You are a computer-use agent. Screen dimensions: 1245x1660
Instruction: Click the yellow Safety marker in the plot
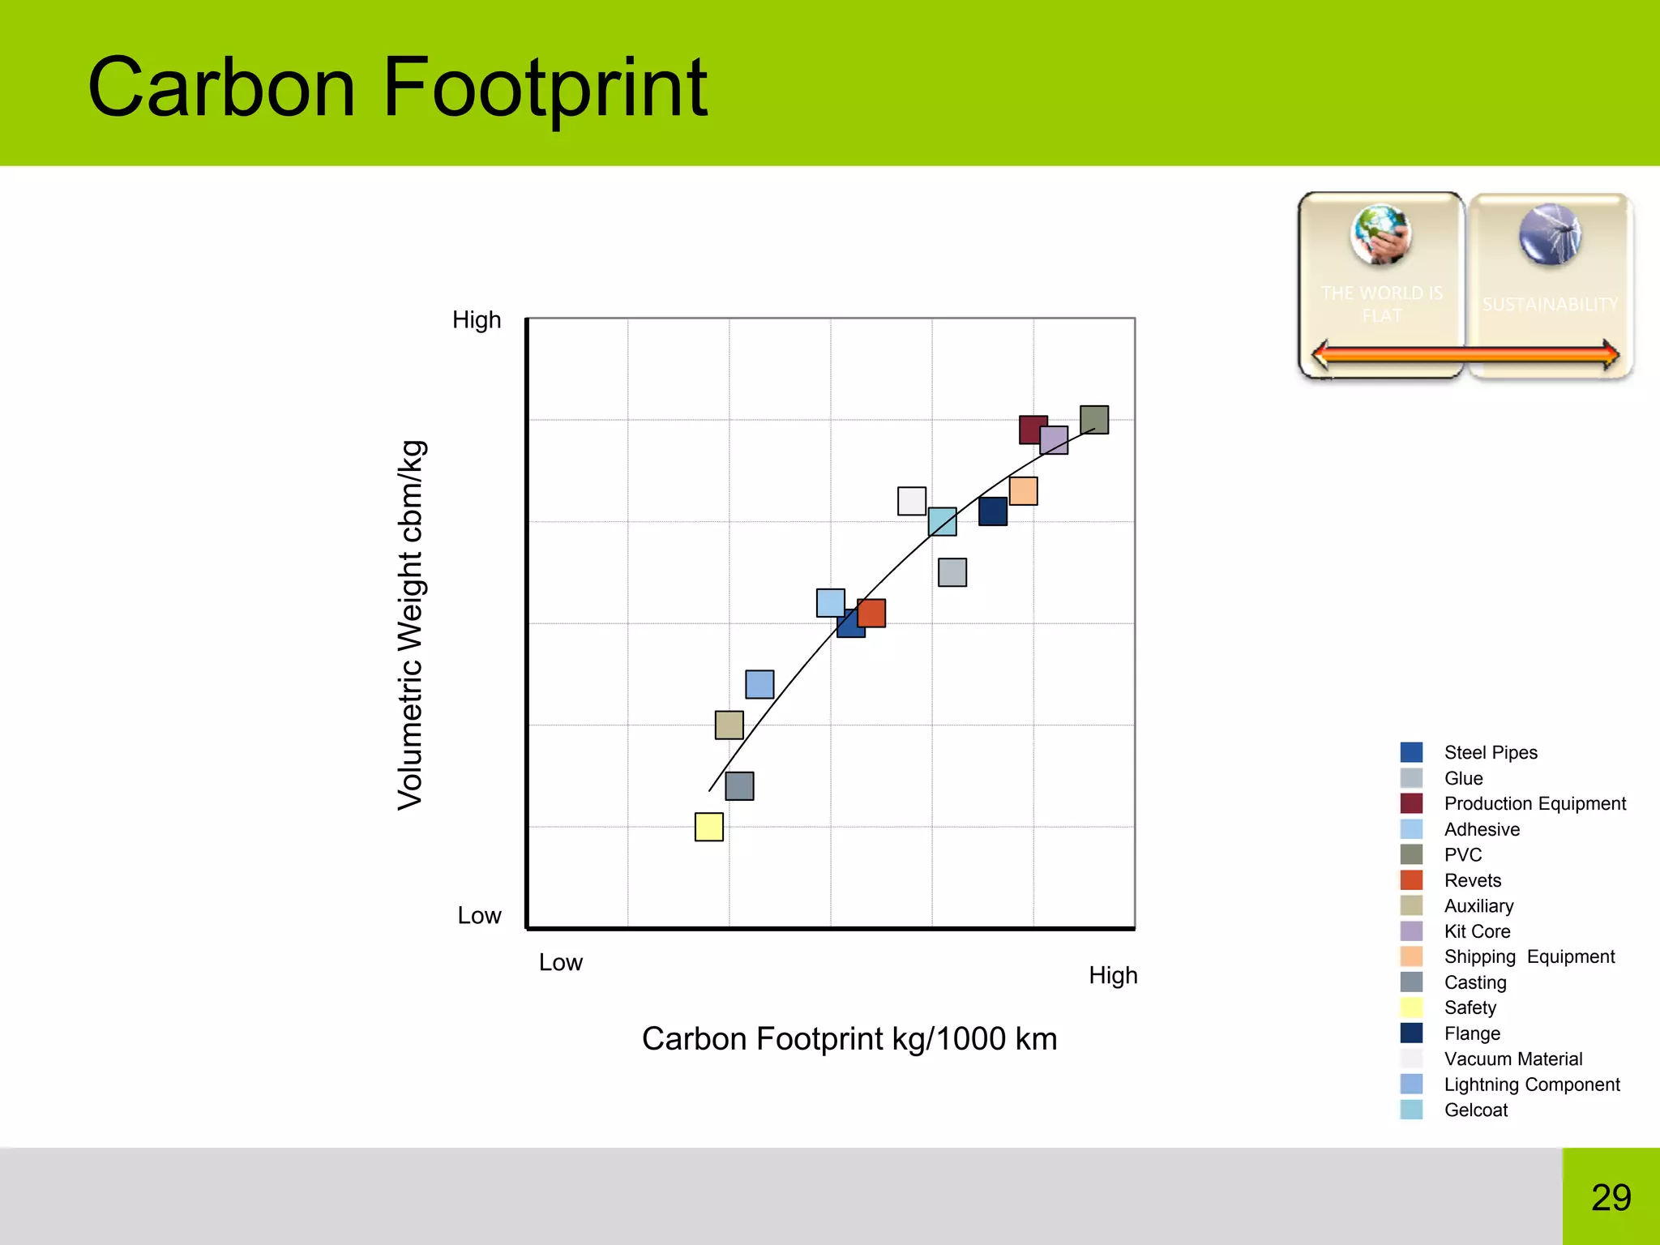[x=708, y=827]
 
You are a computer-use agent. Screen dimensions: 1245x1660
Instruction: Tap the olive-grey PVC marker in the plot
[x=1094, y=419]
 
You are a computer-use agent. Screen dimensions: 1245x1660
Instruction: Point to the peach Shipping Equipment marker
[x=1024, y=490]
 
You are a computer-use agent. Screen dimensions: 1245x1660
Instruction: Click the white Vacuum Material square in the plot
[x=911, y=500]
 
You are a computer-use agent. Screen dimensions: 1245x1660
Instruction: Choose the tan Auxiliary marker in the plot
[x=729, y=725]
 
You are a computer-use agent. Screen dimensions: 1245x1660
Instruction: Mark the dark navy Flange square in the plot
[x=992, y=511]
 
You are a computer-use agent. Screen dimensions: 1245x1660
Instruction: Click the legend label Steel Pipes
[x=1490, y=752]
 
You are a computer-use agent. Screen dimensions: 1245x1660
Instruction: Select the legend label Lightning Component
[x=1531, y=1085]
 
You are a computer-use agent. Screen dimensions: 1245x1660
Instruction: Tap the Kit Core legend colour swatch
[x=1411, y=931]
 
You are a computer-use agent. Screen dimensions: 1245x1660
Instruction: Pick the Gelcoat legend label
[x=1475, y=1110]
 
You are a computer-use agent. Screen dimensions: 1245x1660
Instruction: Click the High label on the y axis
[x=477, y=320]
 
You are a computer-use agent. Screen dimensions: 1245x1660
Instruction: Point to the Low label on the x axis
[x=560, y=962]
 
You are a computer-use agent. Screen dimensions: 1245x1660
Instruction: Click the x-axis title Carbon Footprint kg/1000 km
[x=849, y=1038]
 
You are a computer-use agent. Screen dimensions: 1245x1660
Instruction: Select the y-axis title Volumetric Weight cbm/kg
[x=411, y=625]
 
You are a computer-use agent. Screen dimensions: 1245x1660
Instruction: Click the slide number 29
[x=1611, y=1197]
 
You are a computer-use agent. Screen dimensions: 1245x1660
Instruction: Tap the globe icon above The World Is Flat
[x=1380, y=235]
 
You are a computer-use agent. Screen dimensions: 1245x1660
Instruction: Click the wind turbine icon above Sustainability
[x=1550, y=235]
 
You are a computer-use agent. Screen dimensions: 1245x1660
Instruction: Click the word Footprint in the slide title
[x=545, y=88]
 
